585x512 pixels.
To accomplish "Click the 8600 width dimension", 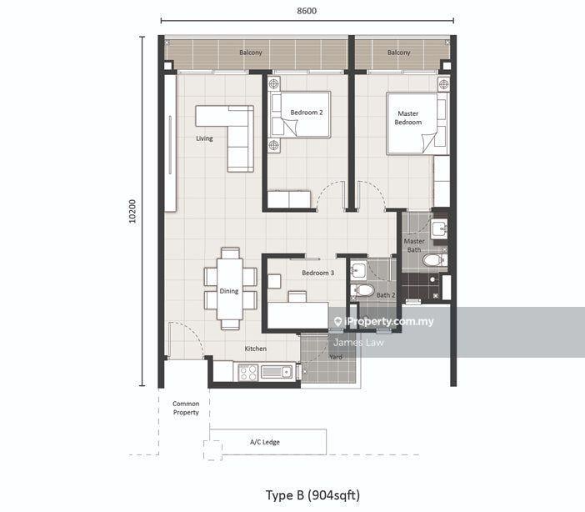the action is pyautogui.click(x=307, y=11).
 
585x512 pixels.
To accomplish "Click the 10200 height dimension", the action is pyautogui.click(x=132, y=211).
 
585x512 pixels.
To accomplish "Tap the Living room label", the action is pyautogui.click(x=204, y=138).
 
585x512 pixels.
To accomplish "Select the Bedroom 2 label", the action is pyautogui.click(x=307, y=113).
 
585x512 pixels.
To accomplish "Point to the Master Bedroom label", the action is pyautogui.click(x=408, y=118).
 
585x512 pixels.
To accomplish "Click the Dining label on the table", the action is pyautogui.click(x=228, y=291).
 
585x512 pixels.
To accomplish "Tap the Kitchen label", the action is pyautogui.click(x=256, y=349).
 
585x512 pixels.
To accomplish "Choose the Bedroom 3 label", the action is pyautogui.click(x=317, y=273).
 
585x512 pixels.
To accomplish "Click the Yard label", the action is pyautogui.click(x=336, y=357).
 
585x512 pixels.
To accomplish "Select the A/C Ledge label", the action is pyautogui.click(x=265, y=442).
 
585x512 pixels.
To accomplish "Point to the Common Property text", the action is pyautogui.click(x=186, y=408).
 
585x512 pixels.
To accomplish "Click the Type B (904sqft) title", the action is pyautogui.click(x=312, y=495).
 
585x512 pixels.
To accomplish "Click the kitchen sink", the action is pyautogui.click(x=277, y=372).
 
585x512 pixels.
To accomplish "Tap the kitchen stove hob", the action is pyautogui.click(x=248, y=373).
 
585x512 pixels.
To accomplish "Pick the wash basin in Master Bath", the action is pyautogui.click(x=439, y=228).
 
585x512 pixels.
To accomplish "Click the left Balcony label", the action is pyautogui.click(x=251, y=53).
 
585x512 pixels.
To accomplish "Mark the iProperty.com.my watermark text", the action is pyautogui.click(x=384, y=322).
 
